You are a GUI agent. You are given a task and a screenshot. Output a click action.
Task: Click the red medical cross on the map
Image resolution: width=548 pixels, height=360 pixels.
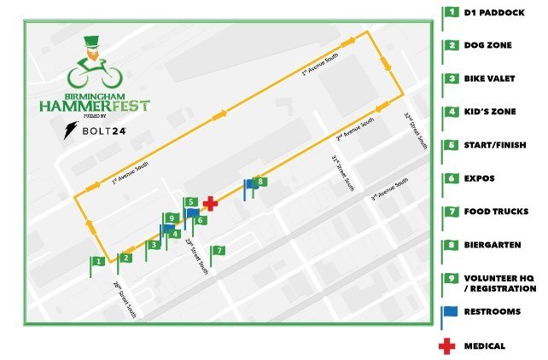click(x=208, y=203)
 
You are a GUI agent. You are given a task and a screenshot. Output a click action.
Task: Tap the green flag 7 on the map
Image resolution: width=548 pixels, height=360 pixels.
click(x=219, y=251)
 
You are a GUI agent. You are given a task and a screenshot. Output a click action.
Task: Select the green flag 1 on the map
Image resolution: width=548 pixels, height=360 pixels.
click(x=99, y=261)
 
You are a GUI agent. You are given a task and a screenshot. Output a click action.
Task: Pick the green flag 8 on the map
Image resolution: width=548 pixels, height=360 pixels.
click(x=261, y=182)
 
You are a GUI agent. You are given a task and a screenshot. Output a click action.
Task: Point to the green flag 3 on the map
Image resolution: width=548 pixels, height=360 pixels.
click(x=153, y=246)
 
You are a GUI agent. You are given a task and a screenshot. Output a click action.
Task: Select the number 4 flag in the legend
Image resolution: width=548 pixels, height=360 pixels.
click(x=449, y=112)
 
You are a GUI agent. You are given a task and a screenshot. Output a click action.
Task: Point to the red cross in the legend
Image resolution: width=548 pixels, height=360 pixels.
click(x=446, y=345)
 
